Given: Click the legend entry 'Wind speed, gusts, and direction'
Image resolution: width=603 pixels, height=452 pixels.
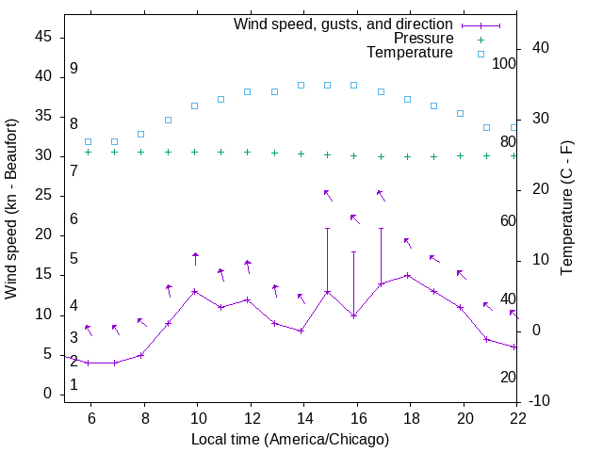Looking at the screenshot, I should [343, 24].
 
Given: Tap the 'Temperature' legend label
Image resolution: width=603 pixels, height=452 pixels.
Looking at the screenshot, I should [410, 54].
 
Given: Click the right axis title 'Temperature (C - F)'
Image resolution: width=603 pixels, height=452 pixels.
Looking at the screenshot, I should [566, 209].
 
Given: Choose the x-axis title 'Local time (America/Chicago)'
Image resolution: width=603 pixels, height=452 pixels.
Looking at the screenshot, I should [290, 440].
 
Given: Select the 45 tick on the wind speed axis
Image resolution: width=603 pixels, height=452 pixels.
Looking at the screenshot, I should [43, 37].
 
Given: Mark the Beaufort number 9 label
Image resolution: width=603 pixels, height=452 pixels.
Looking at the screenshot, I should [73, 70].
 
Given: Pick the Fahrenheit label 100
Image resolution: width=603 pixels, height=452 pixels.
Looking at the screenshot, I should [504, 64].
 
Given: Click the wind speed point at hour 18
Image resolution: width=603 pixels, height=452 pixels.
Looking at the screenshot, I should [407, 275].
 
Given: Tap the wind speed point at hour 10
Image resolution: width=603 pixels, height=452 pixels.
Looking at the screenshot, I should [195, 291].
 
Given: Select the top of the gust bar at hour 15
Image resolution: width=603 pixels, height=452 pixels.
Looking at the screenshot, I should [328, 228].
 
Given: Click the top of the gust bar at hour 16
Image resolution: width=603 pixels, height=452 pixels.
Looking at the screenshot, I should [354, 251].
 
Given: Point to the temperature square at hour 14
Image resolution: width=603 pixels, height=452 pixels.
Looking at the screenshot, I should [301, 85].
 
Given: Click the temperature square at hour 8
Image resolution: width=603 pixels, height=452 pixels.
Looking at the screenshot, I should [141, 134].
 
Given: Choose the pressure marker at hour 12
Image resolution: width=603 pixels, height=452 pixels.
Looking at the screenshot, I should [248, 152].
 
